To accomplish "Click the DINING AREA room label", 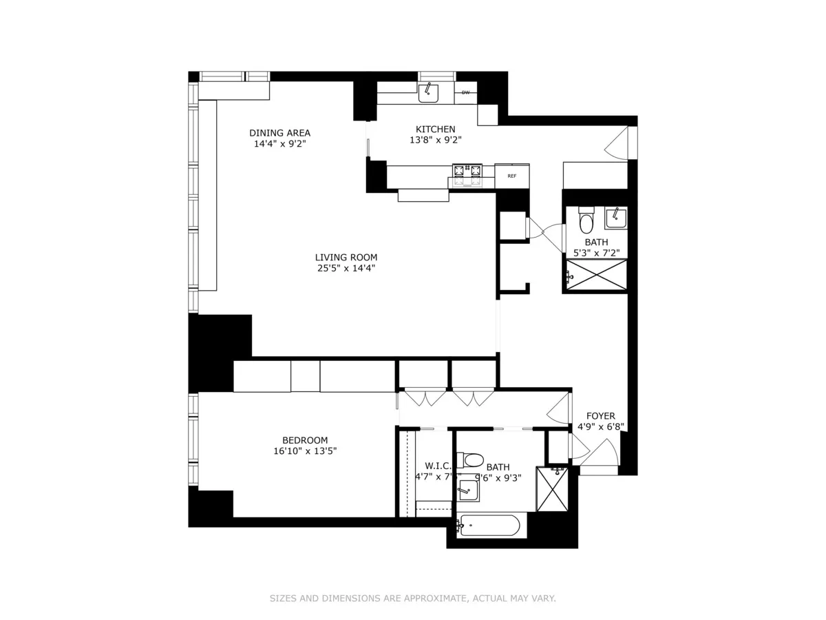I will pyautogui.click(x=279, y=133).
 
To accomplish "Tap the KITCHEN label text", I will pyautogui.click(x=435, y=129).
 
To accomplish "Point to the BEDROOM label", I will pyautogui.click(x=304, y=440).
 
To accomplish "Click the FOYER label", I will pyautogui.click(x=600, y=416).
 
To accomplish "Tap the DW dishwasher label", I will pyautogui.click(x=465, y=93).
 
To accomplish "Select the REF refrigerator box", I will pyautogui.click(x=512, y=176).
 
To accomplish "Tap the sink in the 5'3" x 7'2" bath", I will pyautogui.click(x=615, y=218).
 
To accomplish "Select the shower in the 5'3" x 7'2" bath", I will pyautogui.click(x=596, y=275).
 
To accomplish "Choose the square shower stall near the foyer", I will pyautogui.click(x=552, y=489).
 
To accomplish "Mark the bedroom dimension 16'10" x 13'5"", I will pyautogui.click(x=304, y=451).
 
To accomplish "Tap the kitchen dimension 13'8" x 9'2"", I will pyautogui.click(x=435, y=140).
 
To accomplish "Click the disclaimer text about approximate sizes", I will pyautogui.click(x=412, y=599).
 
